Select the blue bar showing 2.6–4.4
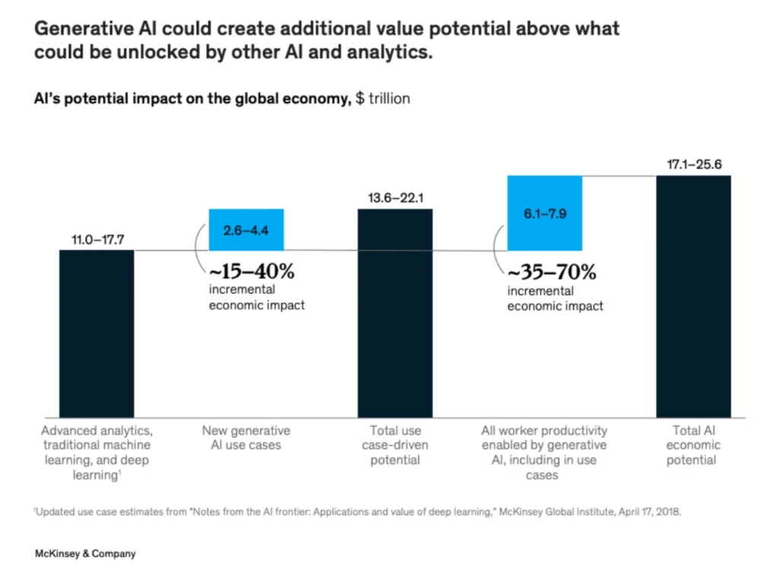[246, 230]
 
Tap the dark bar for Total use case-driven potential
[395, 312]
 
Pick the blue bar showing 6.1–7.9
[544, 214]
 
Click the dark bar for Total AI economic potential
[693, 297]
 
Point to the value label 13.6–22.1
[396, 198]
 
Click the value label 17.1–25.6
[693, 164]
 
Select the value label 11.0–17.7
[97, 239]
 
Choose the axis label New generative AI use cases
[246, 437]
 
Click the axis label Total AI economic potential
[693, 445]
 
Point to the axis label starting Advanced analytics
[97, 452]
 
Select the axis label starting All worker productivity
[544, 452]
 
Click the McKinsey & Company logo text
[85, 554]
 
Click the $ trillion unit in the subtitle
[383, 99]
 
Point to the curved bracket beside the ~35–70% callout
[499, 250]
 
